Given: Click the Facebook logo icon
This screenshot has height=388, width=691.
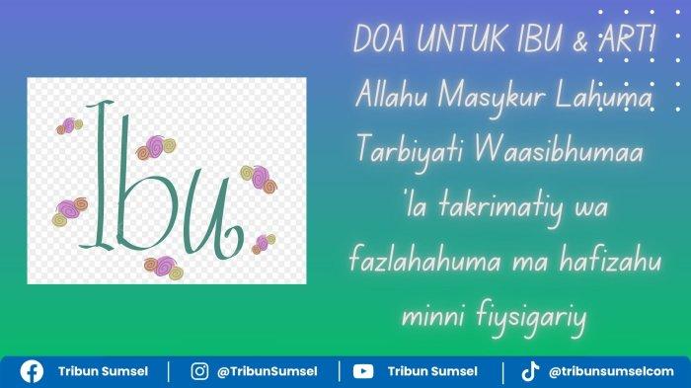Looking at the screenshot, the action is tap(32, 371).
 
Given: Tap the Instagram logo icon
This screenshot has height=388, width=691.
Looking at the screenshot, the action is tap(199, 371).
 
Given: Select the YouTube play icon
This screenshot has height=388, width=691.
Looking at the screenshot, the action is tap(363, 371).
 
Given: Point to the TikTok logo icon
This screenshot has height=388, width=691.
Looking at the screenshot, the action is tap(530, 371).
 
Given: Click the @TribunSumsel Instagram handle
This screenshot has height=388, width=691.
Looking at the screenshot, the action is tap(268, 371).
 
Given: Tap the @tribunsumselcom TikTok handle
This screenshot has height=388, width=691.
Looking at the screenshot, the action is tap(611, 371).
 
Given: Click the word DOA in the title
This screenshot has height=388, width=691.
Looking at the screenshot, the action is tap(379, 39).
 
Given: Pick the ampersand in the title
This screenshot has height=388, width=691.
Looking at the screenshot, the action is tap(580, 40).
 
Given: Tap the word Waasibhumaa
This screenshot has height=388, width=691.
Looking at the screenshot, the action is tap(559, 151).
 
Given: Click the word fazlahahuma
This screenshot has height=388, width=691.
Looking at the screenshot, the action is tap(424, 260).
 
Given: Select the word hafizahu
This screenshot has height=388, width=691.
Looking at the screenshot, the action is tap(610, 260).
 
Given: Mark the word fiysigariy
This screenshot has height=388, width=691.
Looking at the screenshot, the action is tap(531, 318).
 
